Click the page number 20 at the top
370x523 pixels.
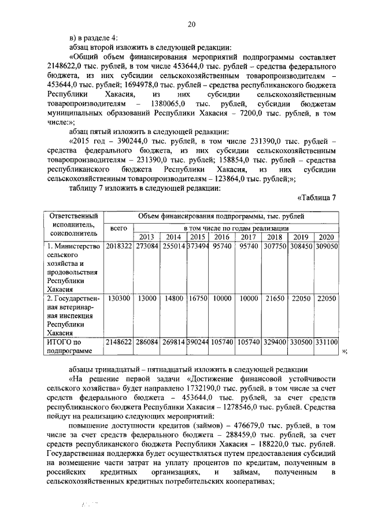[191, 24]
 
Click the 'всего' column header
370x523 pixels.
[119, 229]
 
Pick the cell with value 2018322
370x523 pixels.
[119, 246]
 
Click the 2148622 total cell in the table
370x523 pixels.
[119, 342]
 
